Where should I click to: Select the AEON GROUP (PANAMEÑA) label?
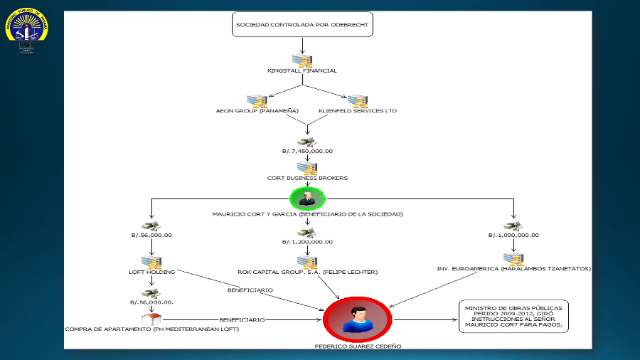[x=257, y=111]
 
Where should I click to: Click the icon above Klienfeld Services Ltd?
[x=357, y=101]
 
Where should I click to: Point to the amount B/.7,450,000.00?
[x=307, y=151]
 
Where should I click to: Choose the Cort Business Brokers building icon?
[x=307, y=168]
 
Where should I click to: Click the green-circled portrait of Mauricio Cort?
[x=307, y=198]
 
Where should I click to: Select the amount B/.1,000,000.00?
[x=513, y=235]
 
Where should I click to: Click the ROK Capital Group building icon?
[x=307, y=261]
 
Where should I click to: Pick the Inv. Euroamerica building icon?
[x=513, y=258]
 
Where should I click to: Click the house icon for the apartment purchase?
[x=151, y=318]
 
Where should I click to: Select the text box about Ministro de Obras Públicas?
[x=513, y=315]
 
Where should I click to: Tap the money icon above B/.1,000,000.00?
[x=513, y=226]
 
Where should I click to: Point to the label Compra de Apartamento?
[x=151, y=329]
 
